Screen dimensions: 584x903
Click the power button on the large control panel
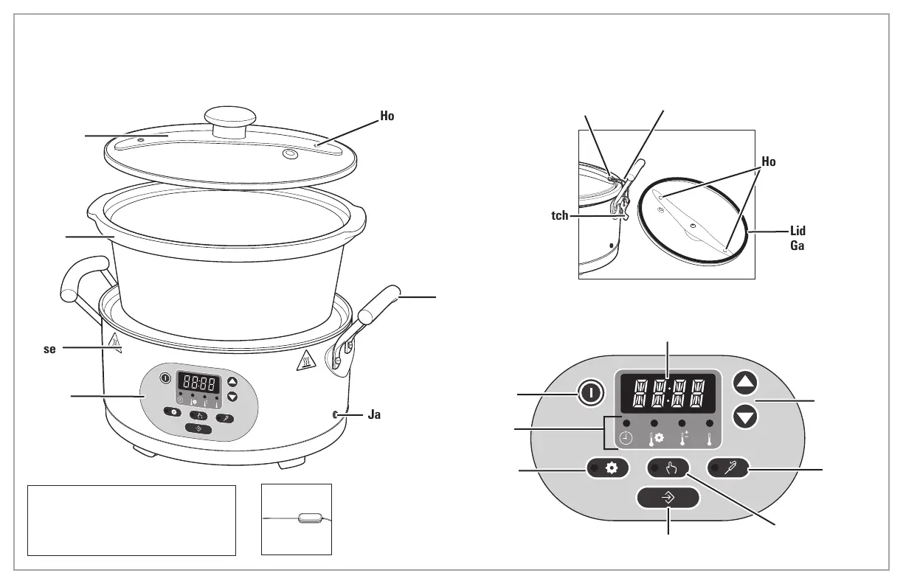pos(590,394)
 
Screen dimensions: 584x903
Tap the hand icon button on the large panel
pos(668,468)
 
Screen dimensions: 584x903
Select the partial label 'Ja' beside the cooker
pos(374,415)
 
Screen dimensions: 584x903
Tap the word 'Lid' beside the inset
pos(798,232)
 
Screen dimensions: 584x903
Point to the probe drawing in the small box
pos(308,518)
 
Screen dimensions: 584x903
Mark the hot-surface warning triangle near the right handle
pos(303,362)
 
